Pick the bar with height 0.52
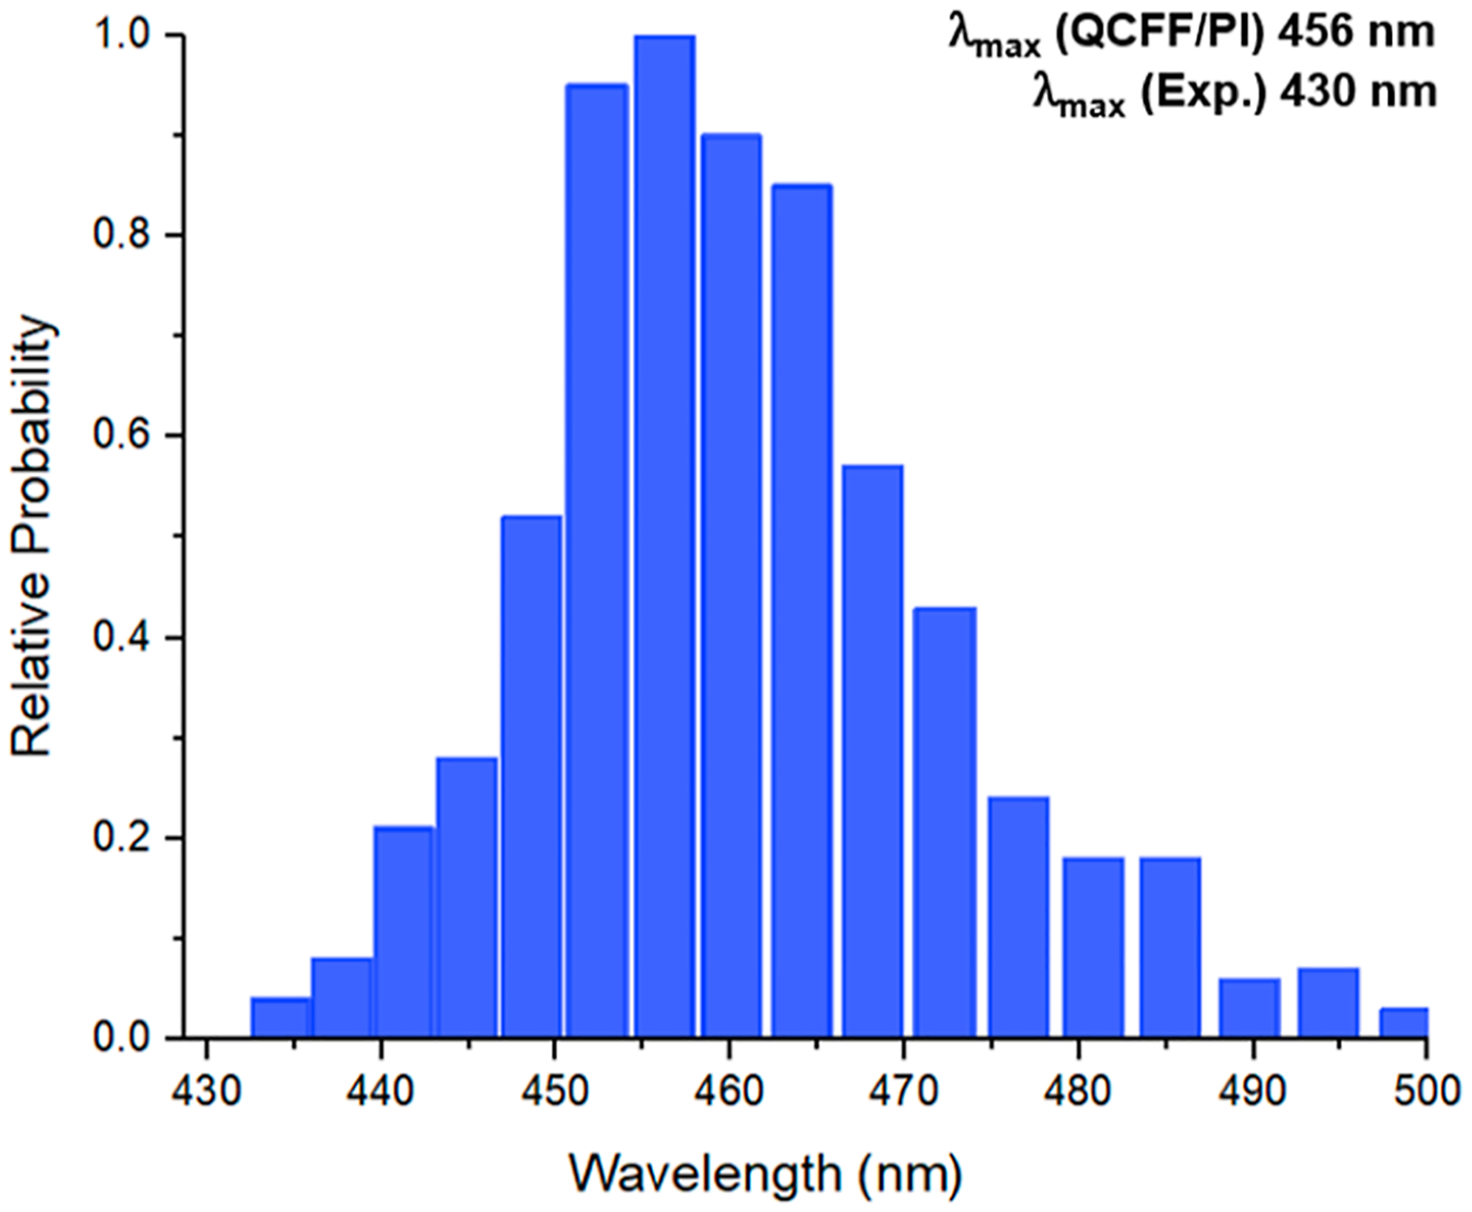click(x=532, y=777)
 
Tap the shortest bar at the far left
click(x=280, y=1017)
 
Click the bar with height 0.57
click(x=873, y=752)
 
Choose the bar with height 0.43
click(x=945, y=823)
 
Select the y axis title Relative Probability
click(x=34, y=536)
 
